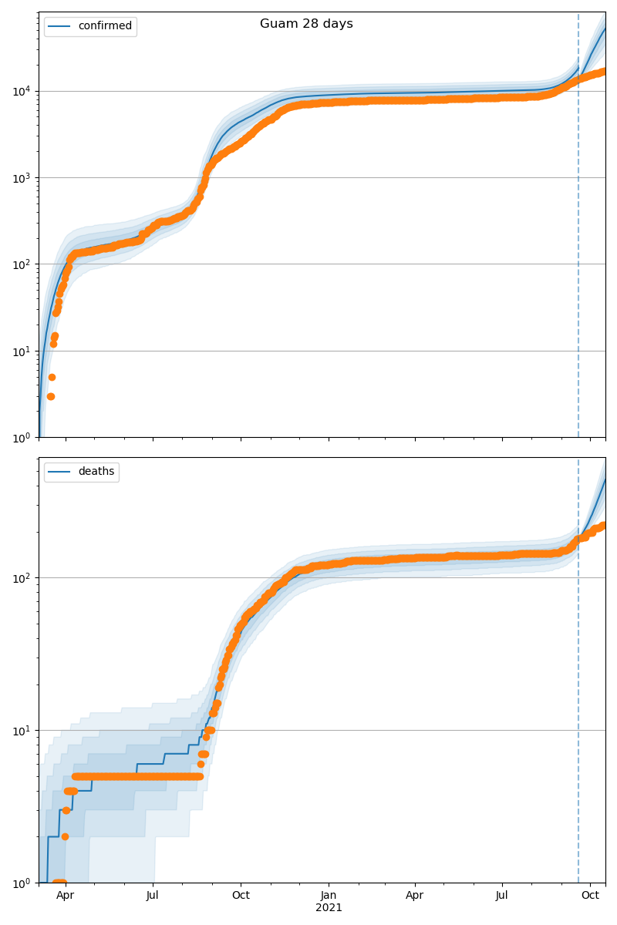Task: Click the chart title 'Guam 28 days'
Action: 306,24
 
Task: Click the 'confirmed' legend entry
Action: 105,26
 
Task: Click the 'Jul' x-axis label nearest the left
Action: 153,895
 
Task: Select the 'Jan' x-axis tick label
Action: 329,895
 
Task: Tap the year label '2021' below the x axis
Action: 329,907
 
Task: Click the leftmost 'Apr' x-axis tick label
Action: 66,895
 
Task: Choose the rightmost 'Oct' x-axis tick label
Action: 591,895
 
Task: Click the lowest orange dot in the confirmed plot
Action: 50,396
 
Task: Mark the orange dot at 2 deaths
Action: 65,836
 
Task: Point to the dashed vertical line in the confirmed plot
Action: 578,231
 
